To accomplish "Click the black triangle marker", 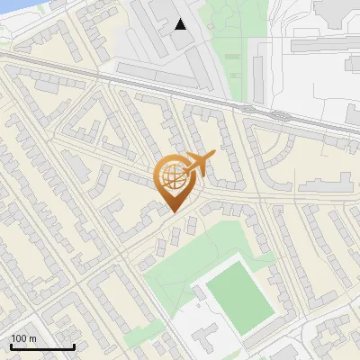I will (x=181, y=24).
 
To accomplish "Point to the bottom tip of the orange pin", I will (x=172, y=212).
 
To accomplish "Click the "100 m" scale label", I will (x=23, y=338).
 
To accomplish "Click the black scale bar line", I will (x=42, y=347).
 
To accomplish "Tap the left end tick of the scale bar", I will (x=11, y=346).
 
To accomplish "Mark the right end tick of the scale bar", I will (x=74, y=346).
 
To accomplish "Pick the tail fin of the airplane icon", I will (x=211, y=156).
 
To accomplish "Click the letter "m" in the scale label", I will (x=32, y=338).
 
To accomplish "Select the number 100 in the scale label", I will (x=19, y=338).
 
